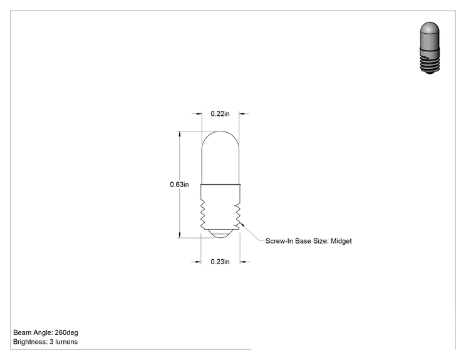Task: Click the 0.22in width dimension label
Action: pos(220,114)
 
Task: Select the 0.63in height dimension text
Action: pos(179,185)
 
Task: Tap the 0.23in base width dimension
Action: pos(220,262)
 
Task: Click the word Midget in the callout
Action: pos(341,241)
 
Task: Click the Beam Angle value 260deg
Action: pos(66,332)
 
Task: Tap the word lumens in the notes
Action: pos(66,342)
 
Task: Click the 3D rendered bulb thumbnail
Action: pos(430,48)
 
